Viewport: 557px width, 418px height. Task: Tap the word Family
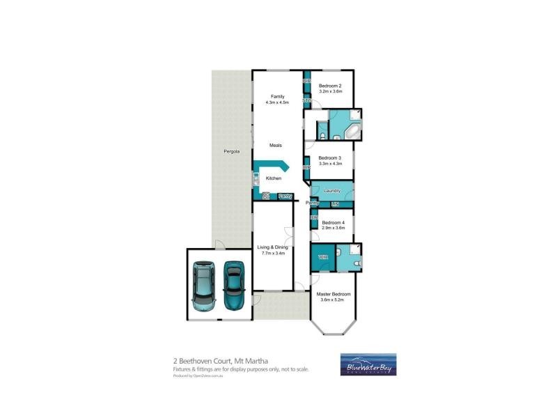click(x=277, y=96)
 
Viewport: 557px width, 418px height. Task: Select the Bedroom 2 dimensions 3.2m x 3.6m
click(x=331, y=91)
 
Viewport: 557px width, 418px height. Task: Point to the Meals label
click(x=276, y=145)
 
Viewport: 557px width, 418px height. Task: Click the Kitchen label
click(x=274, y=179)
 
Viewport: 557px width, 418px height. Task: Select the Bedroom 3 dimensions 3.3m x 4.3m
click(x=331, y=164)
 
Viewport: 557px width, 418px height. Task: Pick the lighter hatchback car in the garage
click(x=204, y=286)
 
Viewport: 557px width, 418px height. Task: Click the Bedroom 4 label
click(x=333, y=222)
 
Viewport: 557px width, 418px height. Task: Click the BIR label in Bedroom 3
click(x=306, y=168)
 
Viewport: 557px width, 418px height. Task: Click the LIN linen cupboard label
click(x=334, y=204)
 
